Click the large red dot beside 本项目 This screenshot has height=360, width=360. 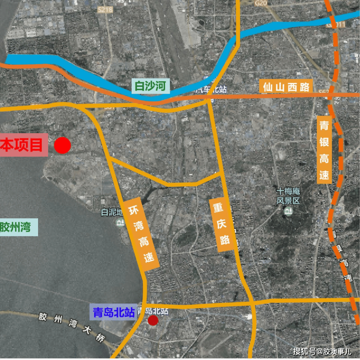tap(62, 145)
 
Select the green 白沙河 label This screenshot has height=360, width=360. tap(150, 87)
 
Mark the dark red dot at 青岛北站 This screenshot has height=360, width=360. tap(153, 320)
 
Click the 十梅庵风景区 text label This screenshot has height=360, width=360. tap(288, 196)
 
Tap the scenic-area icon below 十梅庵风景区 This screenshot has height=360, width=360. tap(288, 212)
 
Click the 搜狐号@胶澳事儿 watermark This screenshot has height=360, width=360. tap(322, 351)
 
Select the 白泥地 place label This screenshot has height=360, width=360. tap(112, 213)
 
